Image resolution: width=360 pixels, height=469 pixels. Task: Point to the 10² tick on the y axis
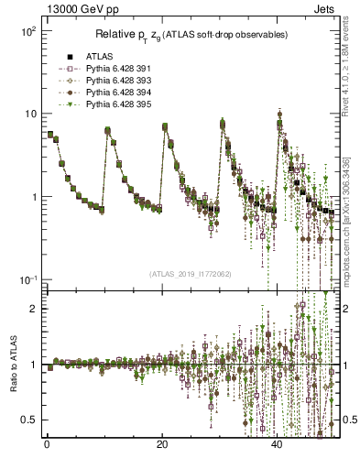[27, 31]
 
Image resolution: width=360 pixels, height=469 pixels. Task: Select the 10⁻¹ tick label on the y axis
[27, 279]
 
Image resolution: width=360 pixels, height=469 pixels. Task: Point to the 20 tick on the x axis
[162, 445]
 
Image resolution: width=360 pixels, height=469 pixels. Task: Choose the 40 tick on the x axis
[278, 445]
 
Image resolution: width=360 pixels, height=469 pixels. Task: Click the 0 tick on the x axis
[47, 445]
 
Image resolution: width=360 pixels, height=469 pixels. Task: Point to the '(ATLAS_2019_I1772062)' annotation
[191, 273]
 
